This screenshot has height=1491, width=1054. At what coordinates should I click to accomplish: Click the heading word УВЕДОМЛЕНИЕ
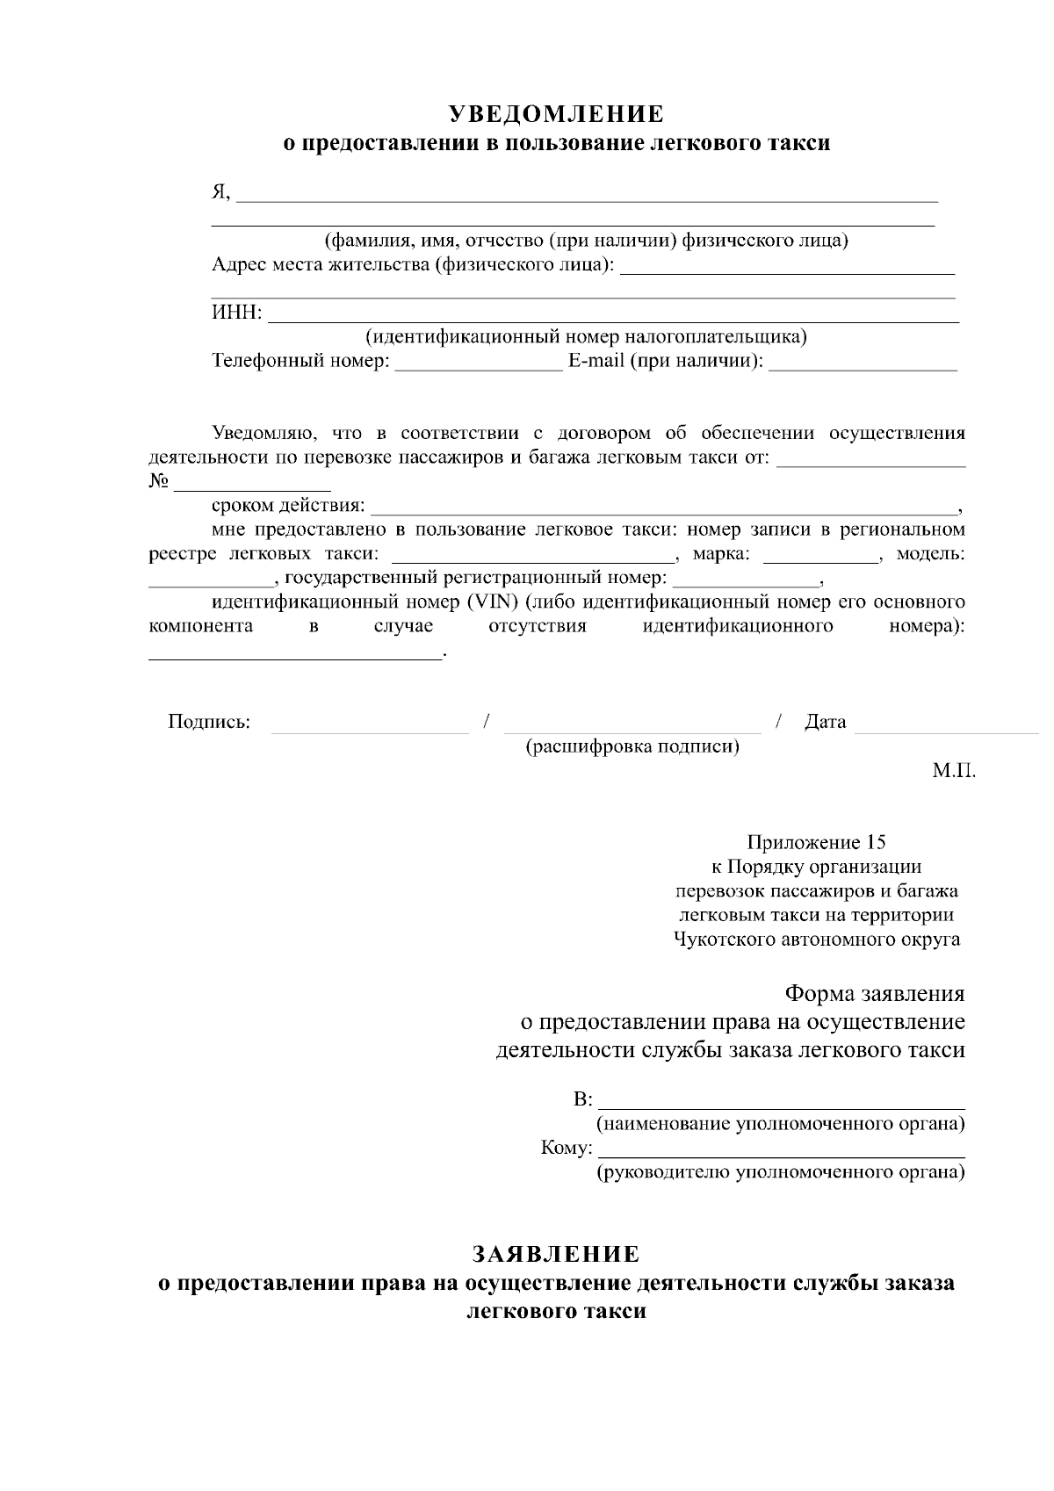coord(556,115)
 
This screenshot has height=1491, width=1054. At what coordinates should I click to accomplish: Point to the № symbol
coord(159,481)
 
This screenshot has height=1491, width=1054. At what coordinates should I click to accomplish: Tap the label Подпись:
coord(209,723)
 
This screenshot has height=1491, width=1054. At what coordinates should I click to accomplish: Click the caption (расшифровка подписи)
coord(632,747)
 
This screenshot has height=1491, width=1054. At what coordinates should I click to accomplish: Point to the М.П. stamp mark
coord(954,771)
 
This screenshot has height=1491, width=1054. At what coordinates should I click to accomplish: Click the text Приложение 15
coord(816,843)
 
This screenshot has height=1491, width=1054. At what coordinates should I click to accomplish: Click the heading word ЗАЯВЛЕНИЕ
coord(556,1254)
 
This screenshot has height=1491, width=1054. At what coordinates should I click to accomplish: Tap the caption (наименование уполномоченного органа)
coord(781,1125)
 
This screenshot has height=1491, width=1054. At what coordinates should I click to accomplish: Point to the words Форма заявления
coord(874,994)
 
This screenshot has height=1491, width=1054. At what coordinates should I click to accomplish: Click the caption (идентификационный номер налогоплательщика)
coord(586,337)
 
